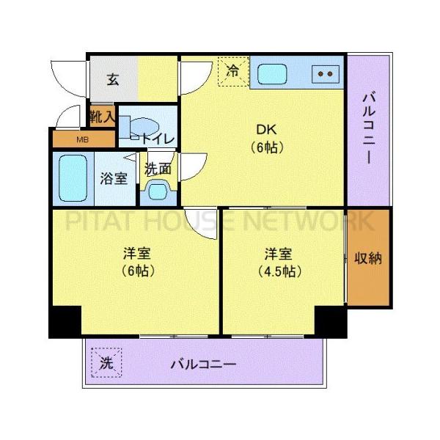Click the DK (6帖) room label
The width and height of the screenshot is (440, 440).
point(265,139)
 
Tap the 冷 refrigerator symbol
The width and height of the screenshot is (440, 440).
point(233,72)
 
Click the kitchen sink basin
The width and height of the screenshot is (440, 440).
point(273,74)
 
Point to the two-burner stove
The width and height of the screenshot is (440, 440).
point(326,73)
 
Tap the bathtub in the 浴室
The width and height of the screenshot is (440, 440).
point(73,177)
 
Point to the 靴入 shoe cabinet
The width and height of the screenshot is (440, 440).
point(102,116)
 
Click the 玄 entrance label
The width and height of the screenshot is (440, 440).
point(113,80)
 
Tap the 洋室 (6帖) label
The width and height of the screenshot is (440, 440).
point(137,262)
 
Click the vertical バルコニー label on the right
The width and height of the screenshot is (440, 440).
point(370,128)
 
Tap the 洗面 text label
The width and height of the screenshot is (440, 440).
point(158,168)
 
